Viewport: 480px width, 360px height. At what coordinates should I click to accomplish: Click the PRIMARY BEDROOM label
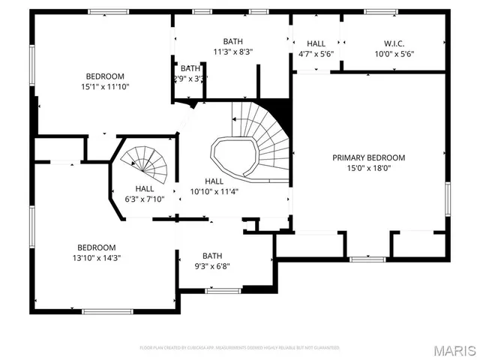click(x=368, y=157)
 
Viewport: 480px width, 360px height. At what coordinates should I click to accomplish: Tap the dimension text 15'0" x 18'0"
click(x=368, y=169)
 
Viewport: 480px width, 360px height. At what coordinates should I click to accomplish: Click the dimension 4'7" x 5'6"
click(x=316, y=54)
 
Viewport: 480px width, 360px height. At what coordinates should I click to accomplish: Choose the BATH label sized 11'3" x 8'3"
click(x=232, y=41)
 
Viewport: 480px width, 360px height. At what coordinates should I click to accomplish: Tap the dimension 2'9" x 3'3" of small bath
click(x=190, y=78)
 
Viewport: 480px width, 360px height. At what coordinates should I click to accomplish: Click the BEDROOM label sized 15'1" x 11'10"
click(x=105, y=76)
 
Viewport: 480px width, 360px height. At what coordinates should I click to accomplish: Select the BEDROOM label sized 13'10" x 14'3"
click(x=97, y=247)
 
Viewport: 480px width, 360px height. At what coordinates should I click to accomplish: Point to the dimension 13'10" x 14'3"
click(x=97, y=258)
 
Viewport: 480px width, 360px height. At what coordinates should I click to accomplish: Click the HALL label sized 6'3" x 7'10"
click(x=145, y=188)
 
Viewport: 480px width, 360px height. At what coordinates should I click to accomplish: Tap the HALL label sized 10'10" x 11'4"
click(x=214, y=181)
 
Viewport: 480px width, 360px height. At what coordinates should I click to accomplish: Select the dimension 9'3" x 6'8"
click(x=212, y=265)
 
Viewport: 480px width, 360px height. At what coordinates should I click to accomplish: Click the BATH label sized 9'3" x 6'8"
click(x=212, y=255)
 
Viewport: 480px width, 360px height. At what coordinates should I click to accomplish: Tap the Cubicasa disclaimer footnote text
click(x=240, y=348)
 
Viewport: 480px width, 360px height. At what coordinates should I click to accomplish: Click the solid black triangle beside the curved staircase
click(x=277, y=109)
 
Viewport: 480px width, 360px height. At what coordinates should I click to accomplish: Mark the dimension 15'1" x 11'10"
click(x=105, y=87)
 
